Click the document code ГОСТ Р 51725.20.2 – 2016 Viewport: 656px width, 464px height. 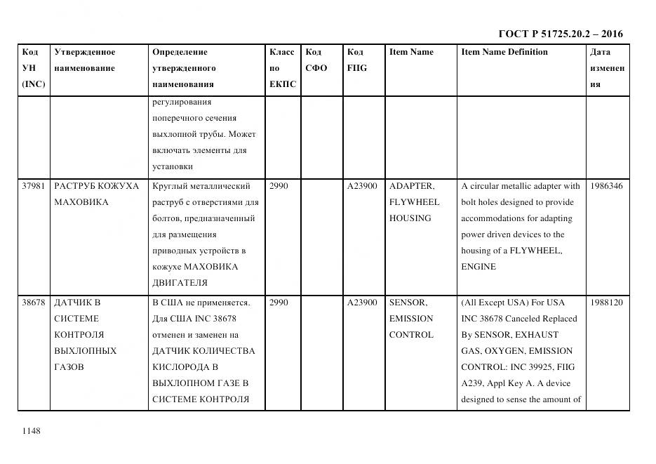[560, 34]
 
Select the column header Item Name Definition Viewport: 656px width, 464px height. [504, 52]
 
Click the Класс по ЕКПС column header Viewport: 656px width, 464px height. [282, 68]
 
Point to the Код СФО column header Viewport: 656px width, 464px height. [316, 60]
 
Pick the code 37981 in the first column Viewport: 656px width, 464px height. [33, 186]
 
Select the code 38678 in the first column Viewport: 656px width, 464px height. [33, 303]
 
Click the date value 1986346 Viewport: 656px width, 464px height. [607, 186]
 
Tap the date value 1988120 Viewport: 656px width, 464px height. [607, 303]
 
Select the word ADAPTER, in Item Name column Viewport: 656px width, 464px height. [412, 186]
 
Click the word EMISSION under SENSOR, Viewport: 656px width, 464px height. [411, 319]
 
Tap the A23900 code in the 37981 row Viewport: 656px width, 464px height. [362, 186]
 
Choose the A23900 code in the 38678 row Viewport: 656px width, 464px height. [362, 303]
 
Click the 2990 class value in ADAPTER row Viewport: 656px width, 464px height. [279, 186]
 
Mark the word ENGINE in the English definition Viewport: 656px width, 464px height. [478, 267]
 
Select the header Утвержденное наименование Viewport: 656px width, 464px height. [85, 60]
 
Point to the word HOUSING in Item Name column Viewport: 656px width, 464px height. [410, 218]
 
